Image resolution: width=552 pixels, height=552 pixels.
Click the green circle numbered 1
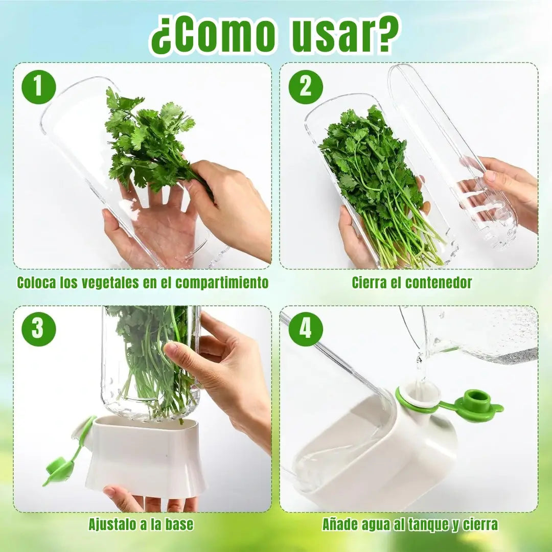click(39, 86)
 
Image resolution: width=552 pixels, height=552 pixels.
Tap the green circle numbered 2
click(306, 86)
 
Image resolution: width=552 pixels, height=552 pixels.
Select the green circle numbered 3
click(39, 329)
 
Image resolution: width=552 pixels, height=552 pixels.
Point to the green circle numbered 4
click(306, 329)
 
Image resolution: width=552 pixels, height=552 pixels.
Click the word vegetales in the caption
click(110, 283)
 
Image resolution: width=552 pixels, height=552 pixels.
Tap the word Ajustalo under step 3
click(111, 524)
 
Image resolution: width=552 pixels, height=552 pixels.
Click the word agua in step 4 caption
click(378, 524)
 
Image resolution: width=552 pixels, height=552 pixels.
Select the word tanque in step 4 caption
click(428, 524)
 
